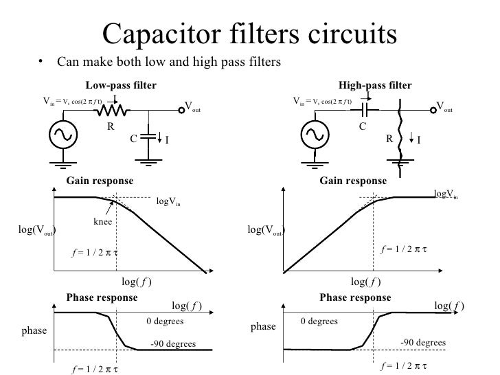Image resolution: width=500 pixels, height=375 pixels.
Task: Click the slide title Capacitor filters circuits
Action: tap(249, 33)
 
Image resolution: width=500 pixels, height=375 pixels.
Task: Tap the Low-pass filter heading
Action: tap(121, 86)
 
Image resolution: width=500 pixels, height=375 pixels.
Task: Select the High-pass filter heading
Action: tap(376, 86)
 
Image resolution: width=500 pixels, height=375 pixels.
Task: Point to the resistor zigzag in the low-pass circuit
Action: tap(110, 111)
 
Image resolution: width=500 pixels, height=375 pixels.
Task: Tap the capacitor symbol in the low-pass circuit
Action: tap(147, 137)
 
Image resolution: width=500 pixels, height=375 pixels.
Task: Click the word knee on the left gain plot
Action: tap(103, 222)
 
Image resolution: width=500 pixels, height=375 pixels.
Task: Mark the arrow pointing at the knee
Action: tap(109, 205)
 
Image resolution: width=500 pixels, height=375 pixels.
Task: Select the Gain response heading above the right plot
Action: tap(353, 181)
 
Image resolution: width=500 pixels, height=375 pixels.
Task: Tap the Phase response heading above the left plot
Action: tap(102, 298)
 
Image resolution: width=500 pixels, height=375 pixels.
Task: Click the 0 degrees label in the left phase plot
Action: tap(164, 321)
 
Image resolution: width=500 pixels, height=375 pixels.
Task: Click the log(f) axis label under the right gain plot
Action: tap(365, 282)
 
